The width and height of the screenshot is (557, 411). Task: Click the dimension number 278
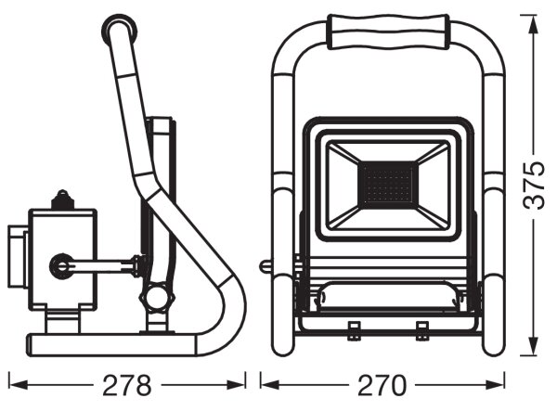(127, 385)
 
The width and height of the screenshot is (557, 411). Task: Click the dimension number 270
(382, 385)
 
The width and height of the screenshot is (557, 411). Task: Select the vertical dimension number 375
(534, 185)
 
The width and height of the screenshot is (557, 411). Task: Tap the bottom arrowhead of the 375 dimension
(534, 345)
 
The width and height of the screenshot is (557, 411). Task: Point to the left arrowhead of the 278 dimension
(19, 385)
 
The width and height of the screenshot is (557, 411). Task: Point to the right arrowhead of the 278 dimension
(236, 385)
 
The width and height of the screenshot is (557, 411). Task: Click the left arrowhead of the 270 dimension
(271, 385)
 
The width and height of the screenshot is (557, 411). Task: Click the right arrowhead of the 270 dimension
(494, 385)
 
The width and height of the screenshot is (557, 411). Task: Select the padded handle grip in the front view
(388, 32)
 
